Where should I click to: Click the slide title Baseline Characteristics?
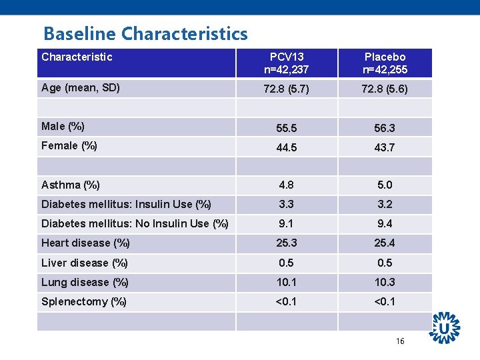[145, 33]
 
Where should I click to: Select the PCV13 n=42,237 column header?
[287, 63]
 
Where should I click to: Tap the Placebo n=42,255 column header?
[385, 63]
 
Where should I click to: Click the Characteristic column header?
[77, 57]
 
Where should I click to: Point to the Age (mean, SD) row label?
[81, 87]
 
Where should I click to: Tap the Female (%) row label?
[69, 146]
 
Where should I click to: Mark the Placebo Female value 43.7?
[385, 147]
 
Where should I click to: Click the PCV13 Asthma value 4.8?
[287, 185]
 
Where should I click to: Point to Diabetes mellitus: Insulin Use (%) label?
[126, 205]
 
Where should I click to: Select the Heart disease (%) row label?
[85, 243]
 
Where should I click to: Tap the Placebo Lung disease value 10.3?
[385, 283]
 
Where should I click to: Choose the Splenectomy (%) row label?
[84, 302]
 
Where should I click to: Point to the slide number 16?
[400, 341]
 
